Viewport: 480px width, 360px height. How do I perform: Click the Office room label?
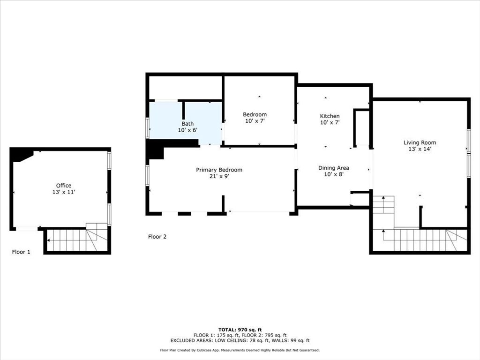64,186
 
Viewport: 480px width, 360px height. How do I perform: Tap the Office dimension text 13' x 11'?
64,192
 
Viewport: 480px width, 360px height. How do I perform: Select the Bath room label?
187,124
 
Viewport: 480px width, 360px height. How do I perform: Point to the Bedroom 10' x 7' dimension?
255,121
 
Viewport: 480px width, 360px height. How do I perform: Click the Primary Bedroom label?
219,170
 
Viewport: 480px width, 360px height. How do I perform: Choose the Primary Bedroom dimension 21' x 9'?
219,176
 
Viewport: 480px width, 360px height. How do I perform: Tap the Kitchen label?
330,116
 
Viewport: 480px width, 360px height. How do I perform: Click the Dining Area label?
333,168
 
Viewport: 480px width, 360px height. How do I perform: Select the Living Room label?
420,142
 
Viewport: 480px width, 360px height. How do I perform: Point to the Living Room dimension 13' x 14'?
420,149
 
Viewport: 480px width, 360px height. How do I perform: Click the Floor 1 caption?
21,252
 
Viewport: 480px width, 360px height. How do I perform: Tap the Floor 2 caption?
157,237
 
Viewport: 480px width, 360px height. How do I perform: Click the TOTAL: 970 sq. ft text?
240,330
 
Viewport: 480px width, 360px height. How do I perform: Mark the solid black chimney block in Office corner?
20,154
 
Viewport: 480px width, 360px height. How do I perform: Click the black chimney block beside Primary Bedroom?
155,150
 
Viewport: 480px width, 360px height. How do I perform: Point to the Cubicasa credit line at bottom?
240,350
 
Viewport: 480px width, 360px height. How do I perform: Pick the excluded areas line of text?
240,341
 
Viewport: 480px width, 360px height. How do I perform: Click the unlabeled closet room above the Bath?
186,88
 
